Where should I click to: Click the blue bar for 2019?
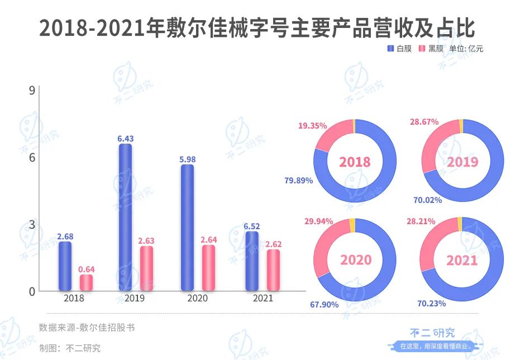click(126, 217)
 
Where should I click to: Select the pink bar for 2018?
click(86, 282)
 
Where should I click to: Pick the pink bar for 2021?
click(273, 270)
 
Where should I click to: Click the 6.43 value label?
click(126, 138)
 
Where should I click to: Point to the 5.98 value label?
click(187, 159)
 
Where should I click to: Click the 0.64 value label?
click(86, 269)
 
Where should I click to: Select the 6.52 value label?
click(252, 226)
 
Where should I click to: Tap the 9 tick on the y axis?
click(32, 90)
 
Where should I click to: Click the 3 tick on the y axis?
click(32, 224)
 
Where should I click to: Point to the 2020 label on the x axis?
click(197, 299)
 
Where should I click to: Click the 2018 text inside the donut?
click(355, 162)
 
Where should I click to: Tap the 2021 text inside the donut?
click(462, 260)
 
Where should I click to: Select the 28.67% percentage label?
click(423, 121)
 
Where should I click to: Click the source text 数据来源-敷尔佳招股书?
click(87, 328)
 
